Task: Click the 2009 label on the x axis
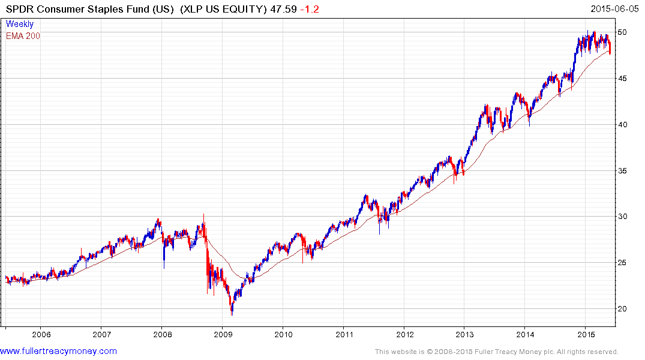click(223, 334)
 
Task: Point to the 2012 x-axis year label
click(405, 334)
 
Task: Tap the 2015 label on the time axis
click(586, 334)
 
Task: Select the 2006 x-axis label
click(40, 334)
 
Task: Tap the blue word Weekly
click(19, 24)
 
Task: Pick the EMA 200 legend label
click(23, 36)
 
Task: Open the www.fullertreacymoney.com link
click(59, 351)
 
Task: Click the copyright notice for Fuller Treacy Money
click(496, 352)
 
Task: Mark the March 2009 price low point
click(232, 313)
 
